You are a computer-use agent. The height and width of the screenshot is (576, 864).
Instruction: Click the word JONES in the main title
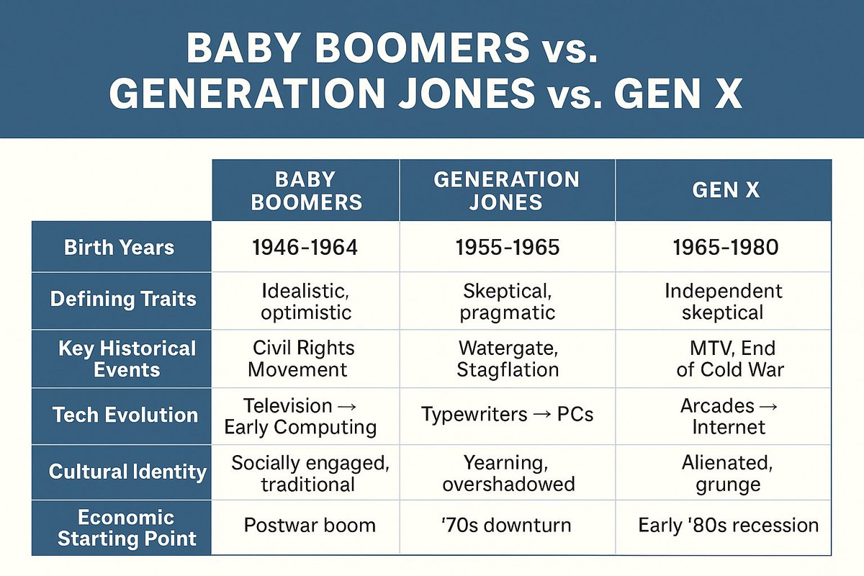tap(467, 94)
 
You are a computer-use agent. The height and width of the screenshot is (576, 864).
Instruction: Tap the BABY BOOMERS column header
tap(306, 191)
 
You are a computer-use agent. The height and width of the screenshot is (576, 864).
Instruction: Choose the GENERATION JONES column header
tap(506, 191)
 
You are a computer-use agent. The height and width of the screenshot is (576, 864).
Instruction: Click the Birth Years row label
tap(120, 247)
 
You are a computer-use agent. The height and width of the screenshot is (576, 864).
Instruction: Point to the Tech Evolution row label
tap(125, 415)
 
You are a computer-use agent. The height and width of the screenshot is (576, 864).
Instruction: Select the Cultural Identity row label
tap(127, 472)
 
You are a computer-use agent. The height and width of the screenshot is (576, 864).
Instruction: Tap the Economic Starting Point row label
tap(127, 528)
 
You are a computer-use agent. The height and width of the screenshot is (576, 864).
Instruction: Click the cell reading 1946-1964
tap(305, 247)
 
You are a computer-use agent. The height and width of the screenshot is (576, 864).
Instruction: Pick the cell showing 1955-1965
tap(507, 247)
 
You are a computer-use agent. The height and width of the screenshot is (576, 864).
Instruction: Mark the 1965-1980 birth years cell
tap(726, 247)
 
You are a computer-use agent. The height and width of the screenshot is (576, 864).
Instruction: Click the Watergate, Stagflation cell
tap(508, 359)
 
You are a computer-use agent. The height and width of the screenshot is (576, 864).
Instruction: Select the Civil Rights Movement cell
tap(301, 359)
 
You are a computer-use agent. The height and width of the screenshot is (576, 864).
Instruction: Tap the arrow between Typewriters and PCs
tap(542, 415)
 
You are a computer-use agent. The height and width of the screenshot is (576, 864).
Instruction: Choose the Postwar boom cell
tap(310, 526)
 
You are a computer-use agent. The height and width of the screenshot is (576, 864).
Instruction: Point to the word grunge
tap(728, 485)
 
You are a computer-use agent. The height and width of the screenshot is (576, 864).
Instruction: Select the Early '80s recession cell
tap(728, 526)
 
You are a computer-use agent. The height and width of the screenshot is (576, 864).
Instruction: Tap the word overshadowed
tap(508, 484)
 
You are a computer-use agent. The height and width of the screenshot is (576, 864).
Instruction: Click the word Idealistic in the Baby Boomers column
tap(305, 291)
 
